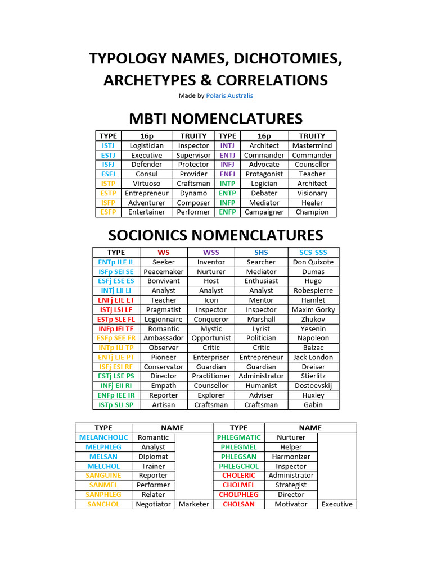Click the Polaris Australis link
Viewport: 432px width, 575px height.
tap(229, 96)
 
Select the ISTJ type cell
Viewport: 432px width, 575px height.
tap(108, 145)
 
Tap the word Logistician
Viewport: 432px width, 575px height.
tap(146, 145)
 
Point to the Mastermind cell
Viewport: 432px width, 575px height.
tap(312, 145)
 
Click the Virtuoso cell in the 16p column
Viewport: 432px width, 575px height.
tap(146, 184)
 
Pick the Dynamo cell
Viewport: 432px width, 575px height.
tap(193, 193)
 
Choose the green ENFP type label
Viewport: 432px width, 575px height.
tap(227, 212)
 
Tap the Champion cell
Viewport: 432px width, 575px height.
tap(312, 212)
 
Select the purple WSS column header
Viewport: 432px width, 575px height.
tap(211, 253)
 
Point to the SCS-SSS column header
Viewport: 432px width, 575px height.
tap(313, 253)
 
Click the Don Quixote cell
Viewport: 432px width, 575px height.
tap(313, 262)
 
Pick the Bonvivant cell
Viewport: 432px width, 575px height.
tap(164, 281)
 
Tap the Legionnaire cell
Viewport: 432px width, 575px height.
tap(164, 320)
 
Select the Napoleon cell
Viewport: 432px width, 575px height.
tap(313, 339)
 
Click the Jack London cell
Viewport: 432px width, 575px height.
tap(313, 358)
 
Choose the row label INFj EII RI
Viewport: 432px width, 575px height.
tap(116, 386)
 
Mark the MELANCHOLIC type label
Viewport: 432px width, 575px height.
tap(103, 437)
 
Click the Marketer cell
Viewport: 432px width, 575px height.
tap(193, 504)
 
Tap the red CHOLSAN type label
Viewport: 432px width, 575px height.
tap(238, 504)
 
